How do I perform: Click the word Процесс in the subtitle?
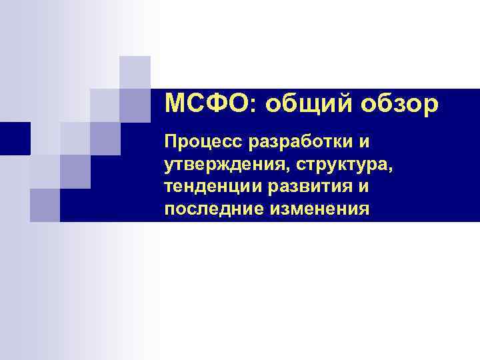point(204,143)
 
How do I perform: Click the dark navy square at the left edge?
point(15,138)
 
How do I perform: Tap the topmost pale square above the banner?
point(135,72)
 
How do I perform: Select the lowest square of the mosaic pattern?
point(45,205)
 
